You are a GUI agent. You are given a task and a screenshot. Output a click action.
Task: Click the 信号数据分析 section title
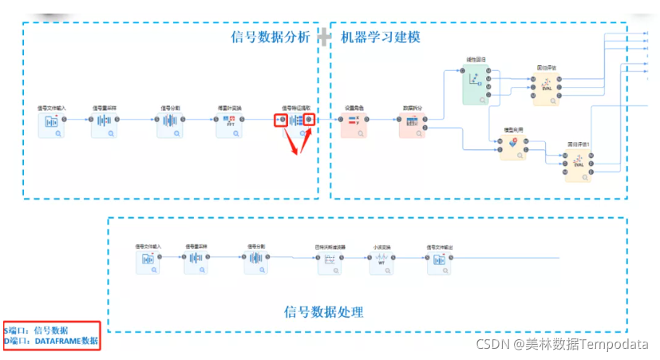click(x=270, y=37)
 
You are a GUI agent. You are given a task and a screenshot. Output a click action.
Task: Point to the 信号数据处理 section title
click(x=324, y=311)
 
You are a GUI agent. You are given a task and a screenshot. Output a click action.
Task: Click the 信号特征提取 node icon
click(x=296, y=121)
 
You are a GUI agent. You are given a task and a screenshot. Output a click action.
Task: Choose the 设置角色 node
click(x=354, y=125)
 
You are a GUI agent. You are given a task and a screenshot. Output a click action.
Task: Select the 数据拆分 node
click(x=412, y=125)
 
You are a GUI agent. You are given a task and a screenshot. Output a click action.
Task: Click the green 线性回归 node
click(x=476, y=83)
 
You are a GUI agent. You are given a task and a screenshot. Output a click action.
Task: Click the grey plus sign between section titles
click(x=324, y=37)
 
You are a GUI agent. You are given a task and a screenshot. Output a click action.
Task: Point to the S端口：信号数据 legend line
click(x=37, y=330)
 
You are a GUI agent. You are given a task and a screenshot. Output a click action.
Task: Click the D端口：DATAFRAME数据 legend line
click(x=53, y=341)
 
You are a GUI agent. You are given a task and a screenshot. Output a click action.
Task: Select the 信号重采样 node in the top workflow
click(x=104, y=125)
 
